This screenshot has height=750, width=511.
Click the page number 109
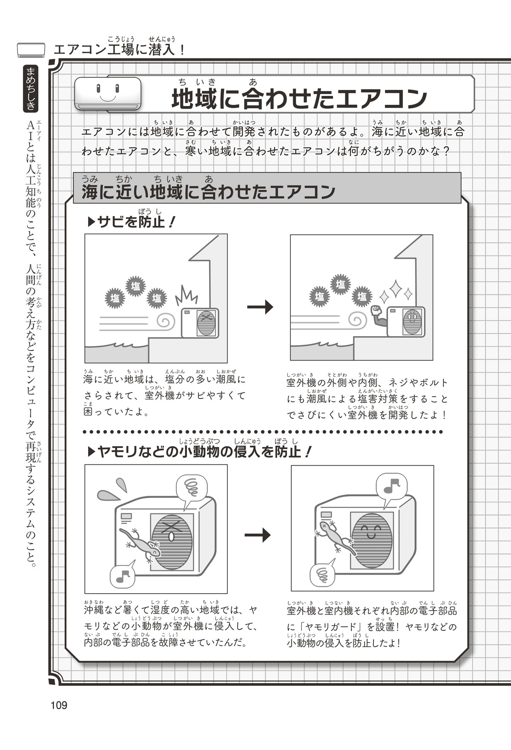point(59,705)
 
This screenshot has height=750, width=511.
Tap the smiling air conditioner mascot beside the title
point(108,93)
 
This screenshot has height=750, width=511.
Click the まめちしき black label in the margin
point(31,89)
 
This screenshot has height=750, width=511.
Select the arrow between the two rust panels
point(260,306)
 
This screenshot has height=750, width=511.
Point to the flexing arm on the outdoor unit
point(379,316)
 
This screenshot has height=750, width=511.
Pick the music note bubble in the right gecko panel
point(391,486)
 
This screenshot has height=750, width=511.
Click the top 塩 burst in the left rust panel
point(135,286)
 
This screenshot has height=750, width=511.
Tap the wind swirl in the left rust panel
point(166,321)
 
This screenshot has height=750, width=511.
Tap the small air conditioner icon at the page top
point(31,50)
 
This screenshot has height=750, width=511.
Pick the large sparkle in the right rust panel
point(396,288)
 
